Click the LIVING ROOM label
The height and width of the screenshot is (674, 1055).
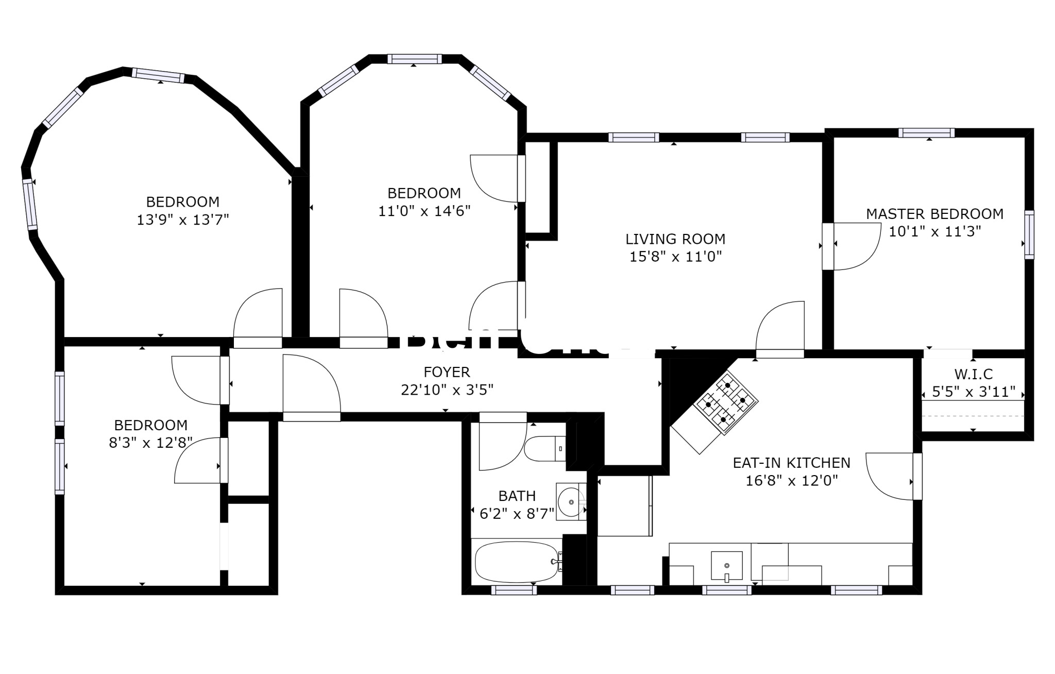tap(675, 239)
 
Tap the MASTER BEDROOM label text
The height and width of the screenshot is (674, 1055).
tap(934, 214)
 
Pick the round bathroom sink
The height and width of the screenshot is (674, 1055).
tap(571, 501)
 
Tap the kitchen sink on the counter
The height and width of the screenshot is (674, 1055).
tap(726, 566)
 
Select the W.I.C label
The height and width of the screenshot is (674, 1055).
tap(973, 374)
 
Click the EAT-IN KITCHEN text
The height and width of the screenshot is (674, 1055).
tap(791, 463)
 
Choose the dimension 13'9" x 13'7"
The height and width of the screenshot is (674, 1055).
tap(182, 220)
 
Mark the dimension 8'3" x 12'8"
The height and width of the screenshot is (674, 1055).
tap(150, 443)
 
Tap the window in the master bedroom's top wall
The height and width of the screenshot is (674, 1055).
tap(926, 133)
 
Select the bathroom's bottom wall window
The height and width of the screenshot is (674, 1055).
tap(514, 591)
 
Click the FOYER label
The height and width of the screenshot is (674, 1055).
tap(447, 372)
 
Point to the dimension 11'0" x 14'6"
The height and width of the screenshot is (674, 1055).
tap(424, 211)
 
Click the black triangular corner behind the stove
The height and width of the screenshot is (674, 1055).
tap(688, 384)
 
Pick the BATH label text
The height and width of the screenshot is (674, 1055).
tap(517, 496)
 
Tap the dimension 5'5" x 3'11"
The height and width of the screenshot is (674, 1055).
tap(973, 392)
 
